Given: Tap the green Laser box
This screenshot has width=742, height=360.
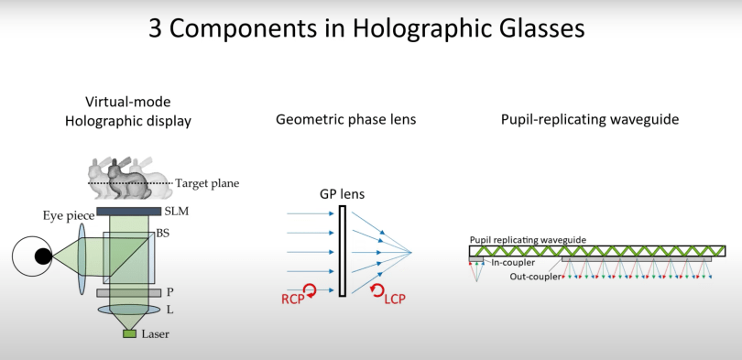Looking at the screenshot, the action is (x=130, y=334).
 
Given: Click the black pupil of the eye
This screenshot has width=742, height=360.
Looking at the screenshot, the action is (x=44, y=256).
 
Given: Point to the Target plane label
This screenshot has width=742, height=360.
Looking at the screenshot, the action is (x=207, y=183).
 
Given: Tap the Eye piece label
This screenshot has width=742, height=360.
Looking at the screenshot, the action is (x=69, y=217).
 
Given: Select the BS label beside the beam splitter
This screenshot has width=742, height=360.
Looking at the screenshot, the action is (x=163, y=234).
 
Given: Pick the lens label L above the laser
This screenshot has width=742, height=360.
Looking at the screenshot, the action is (x=169, y=310).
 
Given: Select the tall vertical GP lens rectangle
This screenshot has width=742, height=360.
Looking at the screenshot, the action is (x=343, y=251).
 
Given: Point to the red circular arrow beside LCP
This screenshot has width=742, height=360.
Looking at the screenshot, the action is (x=376, y=291).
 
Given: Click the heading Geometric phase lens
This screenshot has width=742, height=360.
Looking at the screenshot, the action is (x=346, y=120).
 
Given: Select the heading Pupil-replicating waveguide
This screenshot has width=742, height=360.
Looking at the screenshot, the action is (x=590, y=120).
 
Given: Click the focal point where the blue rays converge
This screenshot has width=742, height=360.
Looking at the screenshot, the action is (x=410, y=252).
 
